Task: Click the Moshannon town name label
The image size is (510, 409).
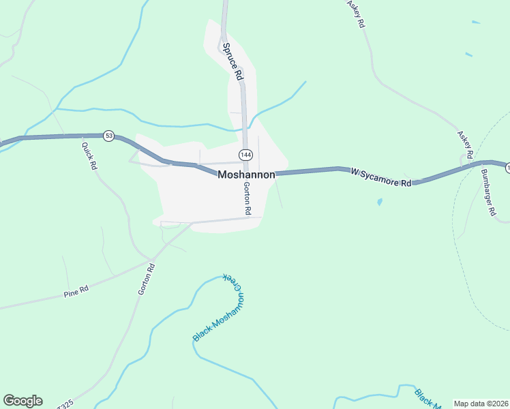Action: coord(246,175)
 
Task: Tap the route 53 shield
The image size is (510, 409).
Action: coord(108,136)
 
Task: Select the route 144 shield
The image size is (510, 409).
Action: coord(245,155)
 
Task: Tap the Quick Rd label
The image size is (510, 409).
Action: coord(89,156)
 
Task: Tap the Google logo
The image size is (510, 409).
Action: coord(22,401)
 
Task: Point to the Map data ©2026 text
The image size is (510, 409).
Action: coord(481,404)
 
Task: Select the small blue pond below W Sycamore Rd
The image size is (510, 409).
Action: coord(379,202)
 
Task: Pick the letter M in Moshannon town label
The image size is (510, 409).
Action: coord(222,175)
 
